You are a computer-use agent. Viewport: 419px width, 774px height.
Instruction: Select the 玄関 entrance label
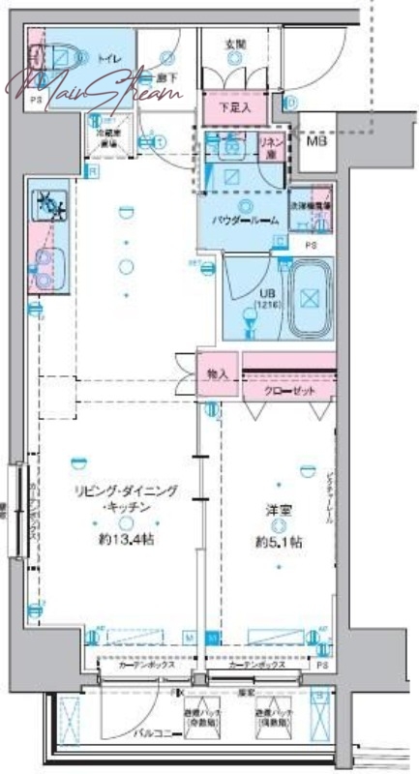coord(235,44)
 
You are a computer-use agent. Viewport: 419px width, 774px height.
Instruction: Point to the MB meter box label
coord(316,141)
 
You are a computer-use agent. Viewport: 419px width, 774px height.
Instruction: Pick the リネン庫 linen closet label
coord(271,147)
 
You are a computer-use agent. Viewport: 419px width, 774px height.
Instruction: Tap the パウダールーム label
coord(247,221)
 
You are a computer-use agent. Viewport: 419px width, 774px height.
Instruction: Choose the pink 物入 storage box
coord(217,373)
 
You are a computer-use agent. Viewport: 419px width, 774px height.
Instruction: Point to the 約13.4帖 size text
coord(126,540)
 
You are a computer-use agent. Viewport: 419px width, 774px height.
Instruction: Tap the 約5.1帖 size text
coord(279,542)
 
